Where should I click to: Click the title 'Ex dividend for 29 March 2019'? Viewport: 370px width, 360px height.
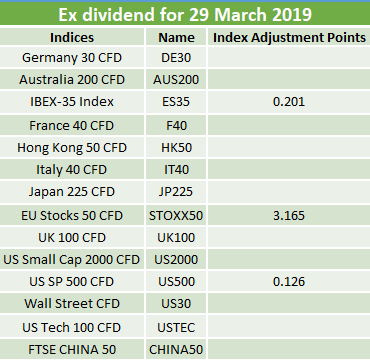[185, 15]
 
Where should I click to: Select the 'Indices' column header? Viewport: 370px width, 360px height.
[72, 37]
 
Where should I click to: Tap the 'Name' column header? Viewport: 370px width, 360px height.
[176, 37]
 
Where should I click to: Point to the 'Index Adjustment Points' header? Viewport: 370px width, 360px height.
[289, 38]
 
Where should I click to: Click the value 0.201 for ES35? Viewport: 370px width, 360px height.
[289, 102]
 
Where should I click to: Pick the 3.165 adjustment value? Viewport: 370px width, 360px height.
[289, 216]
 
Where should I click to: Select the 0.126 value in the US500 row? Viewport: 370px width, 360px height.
[289, 282]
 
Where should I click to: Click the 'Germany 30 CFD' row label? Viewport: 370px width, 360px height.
[72, 58]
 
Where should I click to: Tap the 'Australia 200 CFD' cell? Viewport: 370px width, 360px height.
[72, 80]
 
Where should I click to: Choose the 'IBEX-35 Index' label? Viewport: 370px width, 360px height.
[72, 102]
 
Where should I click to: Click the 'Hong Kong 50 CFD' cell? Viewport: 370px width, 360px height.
[72, 148]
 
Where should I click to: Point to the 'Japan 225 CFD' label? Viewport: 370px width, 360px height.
[72, 192]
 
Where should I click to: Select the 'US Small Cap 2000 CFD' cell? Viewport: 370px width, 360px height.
[72, 260]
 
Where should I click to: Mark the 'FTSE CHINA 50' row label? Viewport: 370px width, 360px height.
[72, 350]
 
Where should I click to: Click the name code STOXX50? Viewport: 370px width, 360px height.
[176, 216]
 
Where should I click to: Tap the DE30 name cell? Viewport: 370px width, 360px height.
[176, 58]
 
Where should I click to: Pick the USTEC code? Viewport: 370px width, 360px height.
[176, 328]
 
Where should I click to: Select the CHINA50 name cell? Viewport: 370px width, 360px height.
[176, 350]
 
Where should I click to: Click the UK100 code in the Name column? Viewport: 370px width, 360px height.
[176, 238]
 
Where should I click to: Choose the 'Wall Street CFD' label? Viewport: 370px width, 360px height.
[72, 304]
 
